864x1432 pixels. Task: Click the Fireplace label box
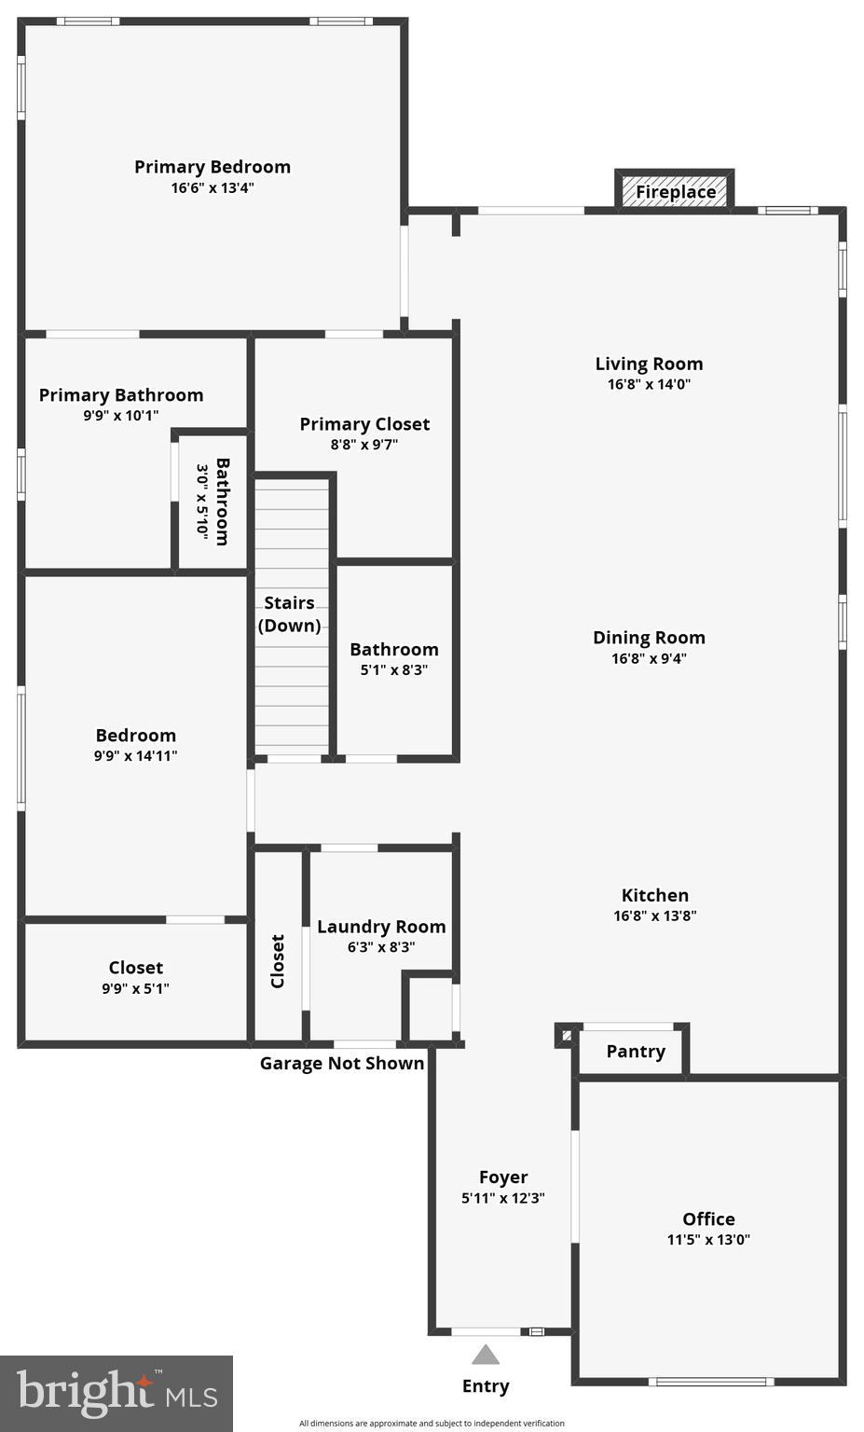click(x=675, y=191)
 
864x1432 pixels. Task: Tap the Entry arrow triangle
click(x=486, y=1355)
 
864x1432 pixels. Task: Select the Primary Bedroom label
click(x=213, y=167)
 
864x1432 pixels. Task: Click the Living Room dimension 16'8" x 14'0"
click(x=649, y=384)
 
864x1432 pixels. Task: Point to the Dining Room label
click(x=649, y=638)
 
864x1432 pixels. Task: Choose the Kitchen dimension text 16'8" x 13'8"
click(x=654, y=916)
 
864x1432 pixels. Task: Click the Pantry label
click(x=636, y=1052)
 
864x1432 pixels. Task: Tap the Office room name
click(x=708, y=1219)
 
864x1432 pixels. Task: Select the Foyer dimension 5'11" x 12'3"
click(x=503, y=1198)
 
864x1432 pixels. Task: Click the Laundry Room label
click(x=381, y=927)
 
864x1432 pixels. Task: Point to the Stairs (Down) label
click(x=290, y=614)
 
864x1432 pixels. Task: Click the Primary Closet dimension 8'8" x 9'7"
click(x=364, y=445)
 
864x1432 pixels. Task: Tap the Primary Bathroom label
click(x=121, y=395)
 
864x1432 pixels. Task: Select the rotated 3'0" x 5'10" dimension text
click(x=202, y=501)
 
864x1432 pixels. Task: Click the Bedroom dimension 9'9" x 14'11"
click(x=135, y=756)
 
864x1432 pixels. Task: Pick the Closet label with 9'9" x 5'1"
click(x=135, y=968)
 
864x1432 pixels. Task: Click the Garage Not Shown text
click(x=342, y=1064)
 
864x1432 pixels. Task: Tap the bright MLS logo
click(x=117, y=1394)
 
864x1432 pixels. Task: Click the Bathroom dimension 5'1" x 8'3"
click(x=393, y=669)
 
